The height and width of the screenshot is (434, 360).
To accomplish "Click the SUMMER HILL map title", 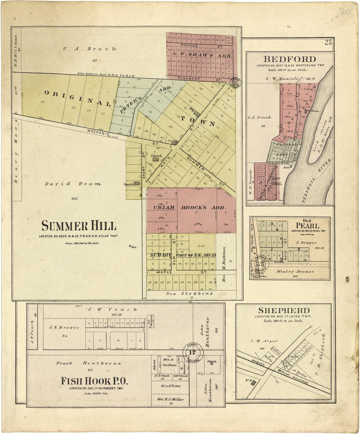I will click(79, 226).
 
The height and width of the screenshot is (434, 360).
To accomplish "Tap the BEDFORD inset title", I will click(290, 59).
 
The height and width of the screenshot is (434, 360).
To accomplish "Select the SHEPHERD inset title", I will click(284, 310).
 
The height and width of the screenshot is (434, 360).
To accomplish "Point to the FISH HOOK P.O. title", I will click(94, 381).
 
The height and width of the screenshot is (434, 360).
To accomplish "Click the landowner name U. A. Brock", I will click(90, 49).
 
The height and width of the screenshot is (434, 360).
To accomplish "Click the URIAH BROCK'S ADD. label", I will click(190, 208).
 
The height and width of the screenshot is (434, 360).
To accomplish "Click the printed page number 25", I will click(328, 42).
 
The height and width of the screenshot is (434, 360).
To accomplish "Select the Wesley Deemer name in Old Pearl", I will click(295, 272).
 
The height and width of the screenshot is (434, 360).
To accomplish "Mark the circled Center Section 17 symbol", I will click(192, 353).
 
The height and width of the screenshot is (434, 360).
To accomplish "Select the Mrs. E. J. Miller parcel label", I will click(170, 399).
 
